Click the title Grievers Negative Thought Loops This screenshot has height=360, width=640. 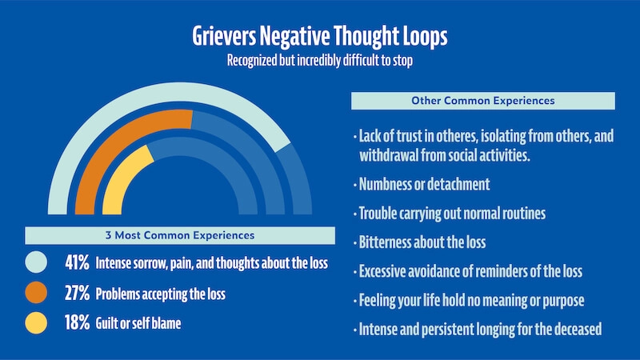pos(320,38)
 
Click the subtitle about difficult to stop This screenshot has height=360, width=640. pos(319,61)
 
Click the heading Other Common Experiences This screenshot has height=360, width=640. pos(483,101)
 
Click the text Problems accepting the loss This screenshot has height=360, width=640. pos(160,294)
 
